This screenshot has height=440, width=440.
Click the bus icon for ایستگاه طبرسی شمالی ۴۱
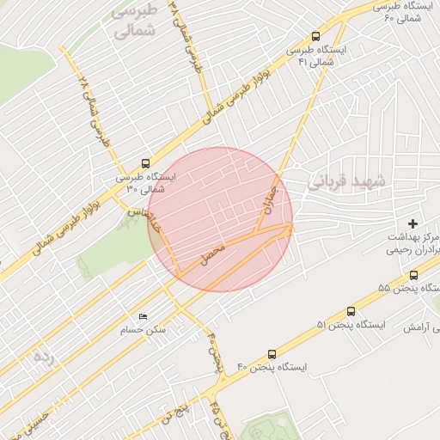(x=316, y=37)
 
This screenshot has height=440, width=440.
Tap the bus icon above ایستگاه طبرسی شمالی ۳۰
(x=145, y=162)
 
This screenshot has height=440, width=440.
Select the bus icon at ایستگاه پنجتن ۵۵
(x=414, y=275)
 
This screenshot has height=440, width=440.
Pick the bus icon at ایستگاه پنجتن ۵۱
(x=351, y=311)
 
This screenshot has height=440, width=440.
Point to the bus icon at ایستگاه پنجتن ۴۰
(x=272, y=353)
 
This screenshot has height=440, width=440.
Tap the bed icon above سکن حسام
(x=142, y=316)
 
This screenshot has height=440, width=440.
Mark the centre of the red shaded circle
(x=221, y=219)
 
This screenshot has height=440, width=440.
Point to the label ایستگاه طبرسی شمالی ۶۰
(x=397, y=11)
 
